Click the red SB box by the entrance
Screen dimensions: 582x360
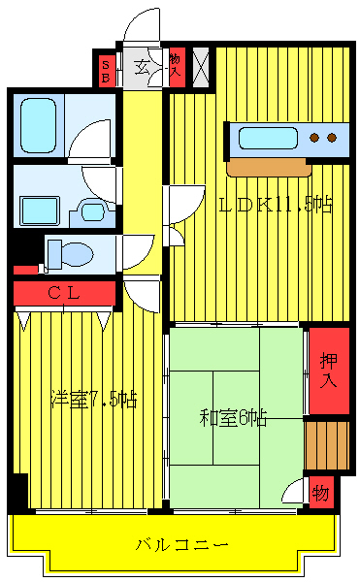pyautogui.click(x=105, y=69)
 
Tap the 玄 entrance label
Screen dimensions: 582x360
pyautogui.click(x=141, y=68)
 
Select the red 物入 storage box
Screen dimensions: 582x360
pyautogui.click(x=176, y=67)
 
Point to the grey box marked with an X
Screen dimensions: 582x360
pyautogui.click(x=201, y=66)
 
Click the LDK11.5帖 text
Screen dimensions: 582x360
pyautogui.click(x=275, y=205)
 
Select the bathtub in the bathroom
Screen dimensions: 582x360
pyautogui.click(x=40, y=124)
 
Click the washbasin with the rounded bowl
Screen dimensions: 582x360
pyautogui.click(x=94, y=210)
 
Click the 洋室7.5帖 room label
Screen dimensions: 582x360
pyautogui.click(x=93, y=400)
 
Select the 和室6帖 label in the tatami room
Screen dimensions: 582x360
pyautogui.click(x=234, y=418)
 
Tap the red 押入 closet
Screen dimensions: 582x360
pyautogui.click(x=328, y=370)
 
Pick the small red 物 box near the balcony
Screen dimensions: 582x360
pyautogui.click(x=320, y=493)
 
